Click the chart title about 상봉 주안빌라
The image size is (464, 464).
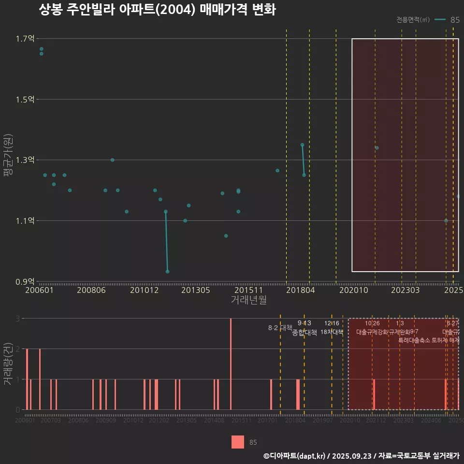coord(157,10)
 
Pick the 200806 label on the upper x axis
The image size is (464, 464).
coord(91,290)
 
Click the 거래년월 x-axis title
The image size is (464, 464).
coord(248,300)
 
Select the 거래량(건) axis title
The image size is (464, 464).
coord(8,364)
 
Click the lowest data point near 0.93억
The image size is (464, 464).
coord(168,272)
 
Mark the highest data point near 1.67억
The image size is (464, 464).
coord(42,49)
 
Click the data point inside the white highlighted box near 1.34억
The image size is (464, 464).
coord(377,148)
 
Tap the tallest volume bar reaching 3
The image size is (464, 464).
coord(231,363)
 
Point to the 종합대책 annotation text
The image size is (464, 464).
coord(304,333)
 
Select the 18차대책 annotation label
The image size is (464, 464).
coord(332,332)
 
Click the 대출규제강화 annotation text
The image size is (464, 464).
coord(372,332)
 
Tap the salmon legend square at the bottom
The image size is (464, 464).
coord(238,442)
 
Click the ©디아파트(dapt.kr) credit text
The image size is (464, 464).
coord(294,455)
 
